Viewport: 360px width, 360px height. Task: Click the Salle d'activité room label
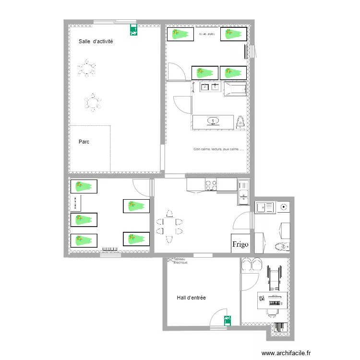[x=96, y=42]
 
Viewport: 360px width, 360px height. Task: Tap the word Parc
[x=84, y=142]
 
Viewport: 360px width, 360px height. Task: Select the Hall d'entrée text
[x=191, y=298]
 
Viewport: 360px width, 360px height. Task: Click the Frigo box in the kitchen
[x=240, y=244]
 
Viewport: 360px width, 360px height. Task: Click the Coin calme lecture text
[x=218, y=149]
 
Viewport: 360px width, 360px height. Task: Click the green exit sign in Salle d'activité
[x=133, y=30]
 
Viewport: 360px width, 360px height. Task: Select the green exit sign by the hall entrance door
[x=226, y=319]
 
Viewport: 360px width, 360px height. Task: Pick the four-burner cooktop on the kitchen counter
[x=211, y=184]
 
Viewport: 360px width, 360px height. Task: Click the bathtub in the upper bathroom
[x=235, y=89]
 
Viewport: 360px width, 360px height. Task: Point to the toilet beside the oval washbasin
[x=240, y=122]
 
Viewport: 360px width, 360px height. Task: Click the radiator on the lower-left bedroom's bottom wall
[x=110, y=249]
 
